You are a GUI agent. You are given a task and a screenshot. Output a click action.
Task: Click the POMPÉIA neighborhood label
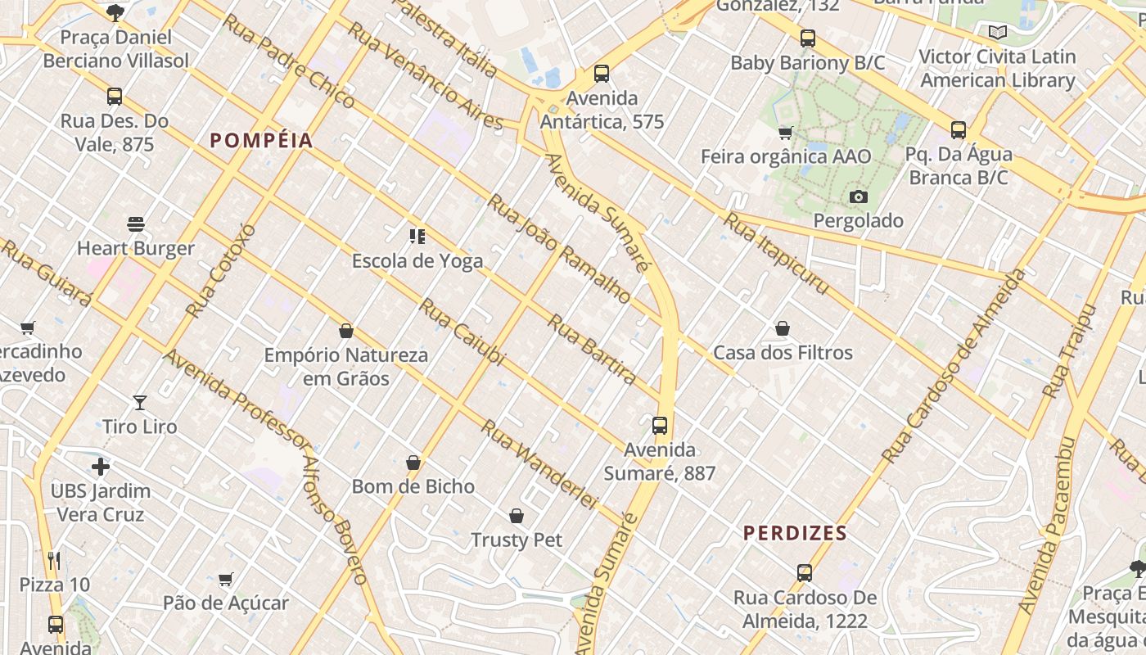tap(262, 141)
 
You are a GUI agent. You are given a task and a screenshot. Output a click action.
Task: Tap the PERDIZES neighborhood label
tap(795, 534)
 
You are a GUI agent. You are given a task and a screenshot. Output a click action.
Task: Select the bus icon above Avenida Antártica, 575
tap(602, 74)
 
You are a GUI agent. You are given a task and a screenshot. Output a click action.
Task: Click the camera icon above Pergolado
tap(858, 196)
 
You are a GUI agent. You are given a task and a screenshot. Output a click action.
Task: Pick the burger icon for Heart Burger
tap(136, 224)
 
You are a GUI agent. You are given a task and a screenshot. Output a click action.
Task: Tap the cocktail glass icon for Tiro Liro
tap(140, 402)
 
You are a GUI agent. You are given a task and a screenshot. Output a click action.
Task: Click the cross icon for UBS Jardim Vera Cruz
tap(101, 467)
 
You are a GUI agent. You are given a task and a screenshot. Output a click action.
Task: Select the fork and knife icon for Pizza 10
tap(54, 561)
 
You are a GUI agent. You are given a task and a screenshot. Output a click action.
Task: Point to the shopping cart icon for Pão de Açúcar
tap(226, 579)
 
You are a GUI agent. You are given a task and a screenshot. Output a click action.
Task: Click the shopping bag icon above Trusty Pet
tap(517, 516)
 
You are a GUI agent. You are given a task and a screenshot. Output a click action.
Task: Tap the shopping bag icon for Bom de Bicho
tap(413, 463)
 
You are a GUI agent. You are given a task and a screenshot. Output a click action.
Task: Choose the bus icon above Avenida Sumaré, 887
tap(660, 426)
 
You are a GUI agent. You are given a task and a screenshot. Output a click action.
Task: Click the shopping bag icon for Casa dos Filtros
tap(783, 329)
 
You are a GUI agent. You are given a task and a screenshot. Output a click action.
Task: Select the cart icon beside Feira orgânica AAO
tap(785, 133)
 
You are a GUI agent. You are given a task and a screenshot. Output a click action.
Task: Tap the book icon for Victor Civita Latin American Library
tap(997, 33)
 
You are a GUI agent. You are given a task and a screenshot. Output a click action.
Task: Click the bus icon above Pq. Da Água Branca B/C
tap(959, 130)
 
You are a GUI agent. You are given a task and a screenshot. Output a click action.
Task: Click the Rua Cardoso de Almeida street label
tap(954, 365)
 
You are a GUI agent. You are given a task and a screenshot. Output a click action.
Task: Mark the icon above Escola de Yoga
tap(417, 237)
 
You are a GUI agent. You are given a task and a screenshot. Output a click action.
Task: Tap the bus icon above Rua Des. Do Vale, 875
tap(115, 97)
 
